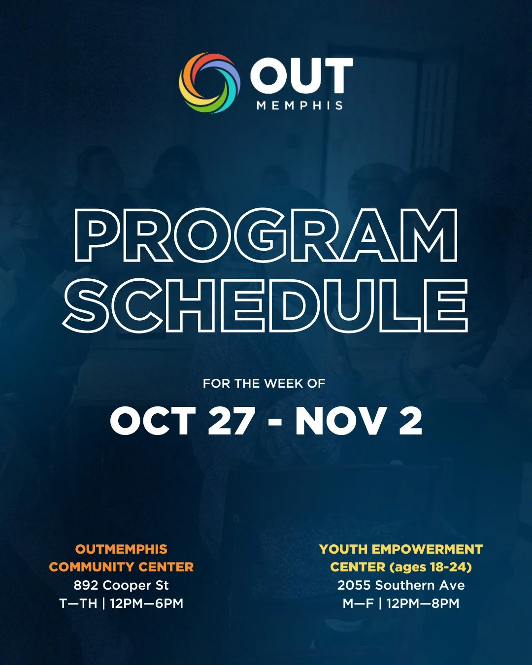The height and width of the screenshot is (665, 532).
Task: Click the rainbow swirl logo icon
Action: click(209, 83)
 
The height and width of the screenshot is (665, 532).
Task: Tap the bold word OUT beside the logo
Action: click(301, 76)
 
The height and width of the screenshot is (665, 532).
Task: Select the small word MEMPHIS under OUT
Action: click(299, 105)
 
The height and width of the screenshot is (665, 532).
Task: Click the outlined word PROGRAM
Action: click(266, 235)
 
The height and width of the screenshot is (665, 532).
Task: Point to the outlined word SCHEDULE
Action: click(266, 305)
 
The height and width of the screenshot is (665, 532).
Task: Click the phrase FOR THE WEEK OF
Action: click(264, 383)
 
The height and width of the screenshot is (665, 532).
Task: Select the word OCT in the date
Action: click(153, 422)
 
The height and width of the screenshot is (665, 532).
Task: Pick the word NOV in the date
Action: click(340, 422)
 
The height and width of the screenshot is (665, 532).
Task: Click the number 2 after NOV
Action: click(410, 422)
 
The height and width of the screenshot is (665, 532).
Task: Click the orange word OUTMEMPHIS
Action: click(121, 549)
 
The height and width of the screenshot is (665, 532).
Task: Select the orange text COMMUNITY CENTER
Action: click(121, 567)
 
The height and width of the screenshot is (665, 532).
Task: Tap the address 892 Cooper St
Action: click(121, 585)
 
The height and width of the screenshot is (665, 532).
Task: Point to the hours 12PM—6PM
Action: click(146, 603)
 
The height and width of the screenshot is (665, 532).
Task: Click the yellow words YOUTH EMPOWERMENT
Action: click(401, 549)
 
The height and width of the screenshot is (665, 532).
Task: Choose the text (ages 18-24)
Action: click(431, 567)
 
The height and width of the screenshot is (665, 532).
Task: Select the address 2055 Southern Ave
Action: click(401, 585)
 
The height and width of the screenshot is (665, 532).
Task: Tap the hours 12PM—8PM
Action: click(423, 603)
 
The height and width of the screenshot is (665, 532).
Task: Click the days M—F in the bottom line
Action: click(358, 603)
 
